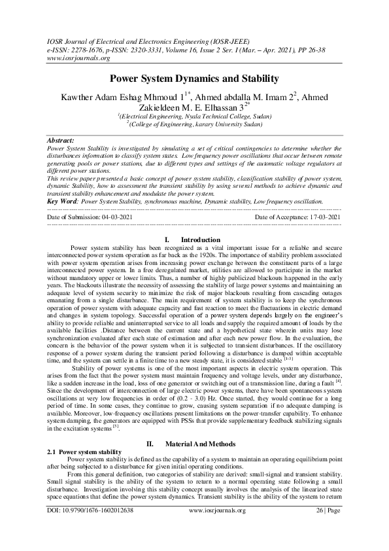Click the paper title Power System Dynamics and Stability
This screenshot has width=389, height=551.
[x=194, y=79]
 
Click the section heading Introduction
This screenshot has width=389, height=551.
[x=200, y=240]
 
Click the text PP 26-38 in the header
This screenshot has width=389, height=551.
[x=323, y=49]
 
